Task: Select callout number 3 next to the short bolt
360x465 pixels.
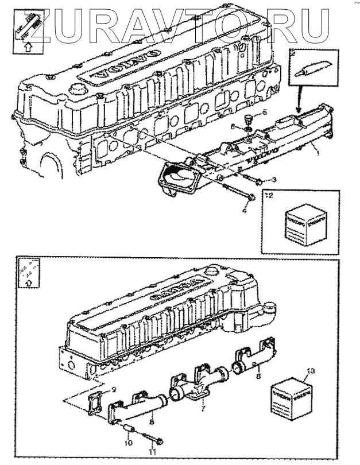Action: [x=274, y=180]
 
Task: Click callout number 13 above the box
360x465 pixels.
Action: [x=312, y=370]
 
